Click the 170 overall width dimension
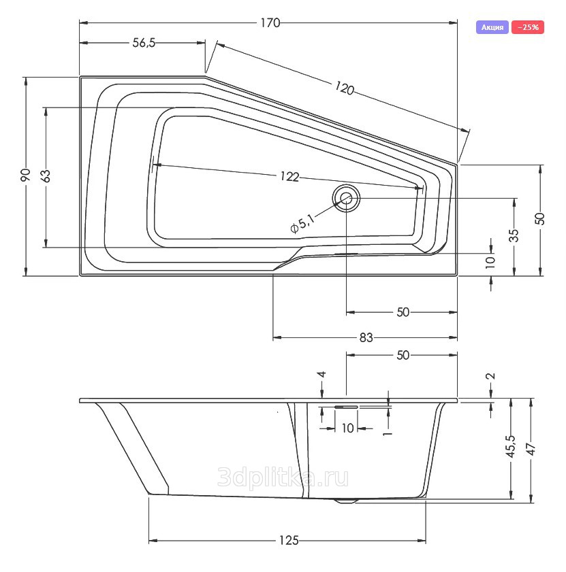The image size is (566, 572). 270,23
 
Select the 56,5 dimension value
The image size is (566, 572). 144,43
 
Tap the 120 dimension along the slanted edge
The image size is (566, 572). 344,88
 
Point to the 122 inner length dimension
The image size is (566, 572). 289,177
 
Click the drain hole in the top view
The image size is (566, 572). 346,198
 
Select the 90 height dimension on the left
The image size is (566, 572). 26,176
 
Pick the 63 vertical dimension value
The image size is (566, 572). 46,176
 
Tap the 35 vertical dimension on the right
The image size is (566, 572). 514,235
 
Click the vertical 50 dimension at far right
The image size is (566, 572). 539,219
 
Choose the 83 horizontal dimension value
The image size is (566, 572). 366,338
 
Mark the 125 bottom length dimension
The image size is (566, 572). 289,540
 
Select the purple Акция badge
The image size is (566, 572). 492,27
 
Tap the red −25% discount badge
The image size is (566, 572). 528,27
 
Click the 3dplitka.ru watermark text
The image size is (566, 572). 283,478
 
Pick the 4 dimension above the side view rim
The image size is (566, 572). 321,375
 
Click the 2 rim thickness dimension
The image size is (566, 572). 491,376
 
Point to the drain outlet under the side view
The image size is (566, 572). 345,501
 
